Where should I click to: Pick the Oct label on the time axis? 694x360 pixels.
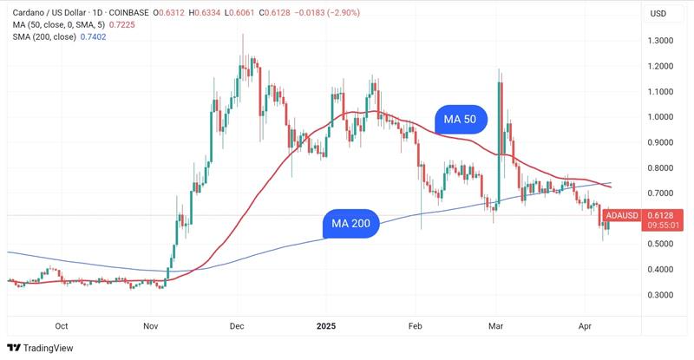pos(62,326)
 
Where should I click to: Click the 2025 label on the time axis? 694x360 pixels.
pos(327,326)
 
